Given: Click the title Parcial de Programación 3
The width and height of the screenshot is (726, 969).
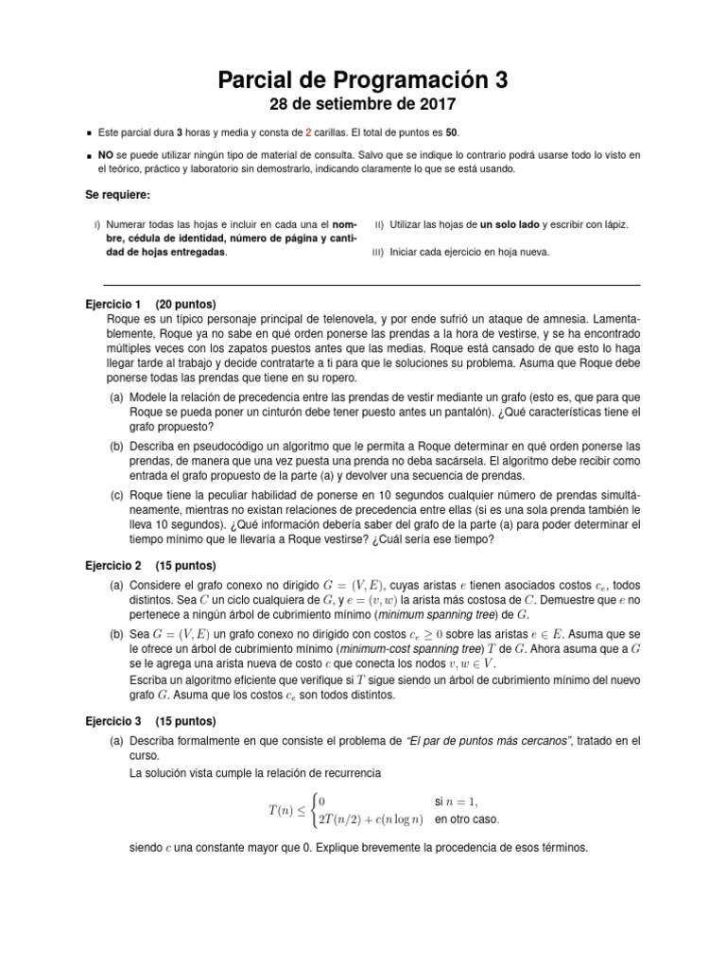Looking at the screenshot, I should point(363,81).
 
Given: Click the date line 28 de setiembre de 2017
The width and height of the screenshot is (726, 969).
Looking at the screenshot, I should point(363,104).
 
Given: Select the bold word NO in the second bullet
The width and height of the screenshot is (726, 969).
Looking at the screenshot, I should point(107,154).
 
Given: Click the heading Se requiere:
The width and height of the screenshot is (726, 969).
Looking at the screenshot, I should point(117,195).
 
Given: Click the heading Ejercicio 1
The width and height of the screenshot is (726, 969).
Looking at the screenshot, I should point(112,305).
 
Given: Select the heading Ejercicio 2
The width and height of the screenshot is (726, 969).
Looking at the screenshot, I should point(112,565).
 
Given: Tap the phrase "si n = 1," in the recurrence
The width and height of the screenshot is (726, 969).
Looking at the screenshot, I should point(458,802).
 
